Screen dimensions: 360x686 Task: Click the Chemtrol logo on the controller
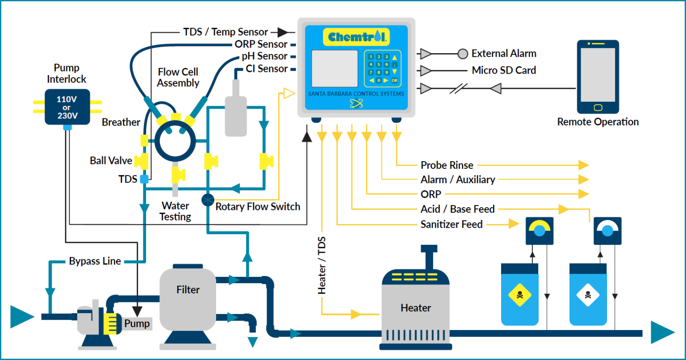[x=356, y=37]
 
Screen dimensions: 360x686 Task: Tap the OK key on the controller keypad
[x=394, y=80]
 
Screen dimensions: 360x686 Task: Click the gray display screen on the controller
[x=334, y=68]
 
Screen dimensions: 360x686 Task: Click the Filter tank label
[x=188, y=290]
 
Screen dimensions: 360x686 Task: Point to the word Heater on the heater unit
[x=415, y=308]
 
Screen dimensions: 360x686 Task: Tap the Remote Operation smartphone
[x=598, y=77]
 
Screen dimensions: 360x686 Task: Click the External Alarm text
[x=504, y=54]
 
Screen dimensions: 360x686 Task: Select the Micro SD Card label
[x=504, y=71]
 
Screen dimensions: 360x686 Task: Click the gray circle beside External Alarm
[x=463, y=54]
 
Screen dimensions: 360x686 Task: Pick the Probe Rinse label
[x=447, y=165]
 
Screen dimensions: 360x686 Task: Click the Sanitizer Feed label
[x=451, y=224]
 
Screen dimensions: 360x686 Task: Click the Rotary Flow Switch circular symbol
[x=208, y=200]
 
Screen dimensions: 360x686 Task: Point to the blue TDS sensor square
[x=144, y=179]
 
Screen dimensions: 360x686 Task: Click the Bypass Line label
[x=95, y=261]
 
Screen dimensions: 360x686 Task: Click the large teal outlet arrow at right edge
[x=662, y=333]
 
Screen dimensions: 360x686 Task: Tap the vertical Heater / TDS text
[x=322, y=265]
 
